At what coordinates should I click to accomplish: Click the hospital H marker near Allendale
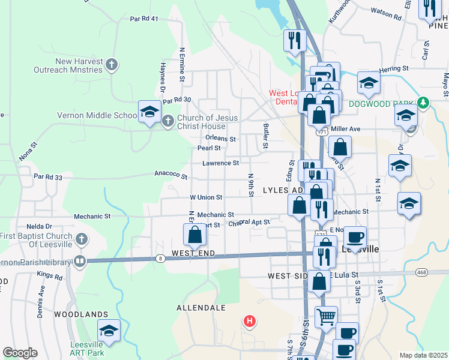point(250,321)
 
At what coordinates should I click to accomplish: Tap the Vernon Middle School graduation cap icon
point(149,112)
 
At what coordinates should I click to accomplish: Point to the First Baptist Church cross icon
point(82,239)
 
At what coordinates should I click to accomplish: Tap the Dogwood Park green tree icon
point(423,103)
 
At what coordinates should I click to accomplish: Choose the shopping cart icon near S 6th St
point(326,316)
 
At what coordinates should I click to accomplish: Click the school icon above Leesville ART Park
point(109,331)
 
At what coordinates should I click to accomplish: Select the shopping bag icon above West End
point(194,235)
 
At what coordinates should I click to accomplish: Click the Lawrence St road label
point(221,163)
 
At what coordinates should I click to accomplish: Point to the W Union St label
point(206,197)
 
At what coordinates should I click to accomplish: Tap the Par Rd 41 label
point(143,19)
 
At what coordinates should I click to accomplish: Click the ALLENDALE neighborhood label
point(200,308)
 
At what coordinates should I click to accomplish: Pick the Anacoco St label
point(171,176)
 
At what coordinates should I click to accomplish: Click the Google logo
point(20,353)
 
